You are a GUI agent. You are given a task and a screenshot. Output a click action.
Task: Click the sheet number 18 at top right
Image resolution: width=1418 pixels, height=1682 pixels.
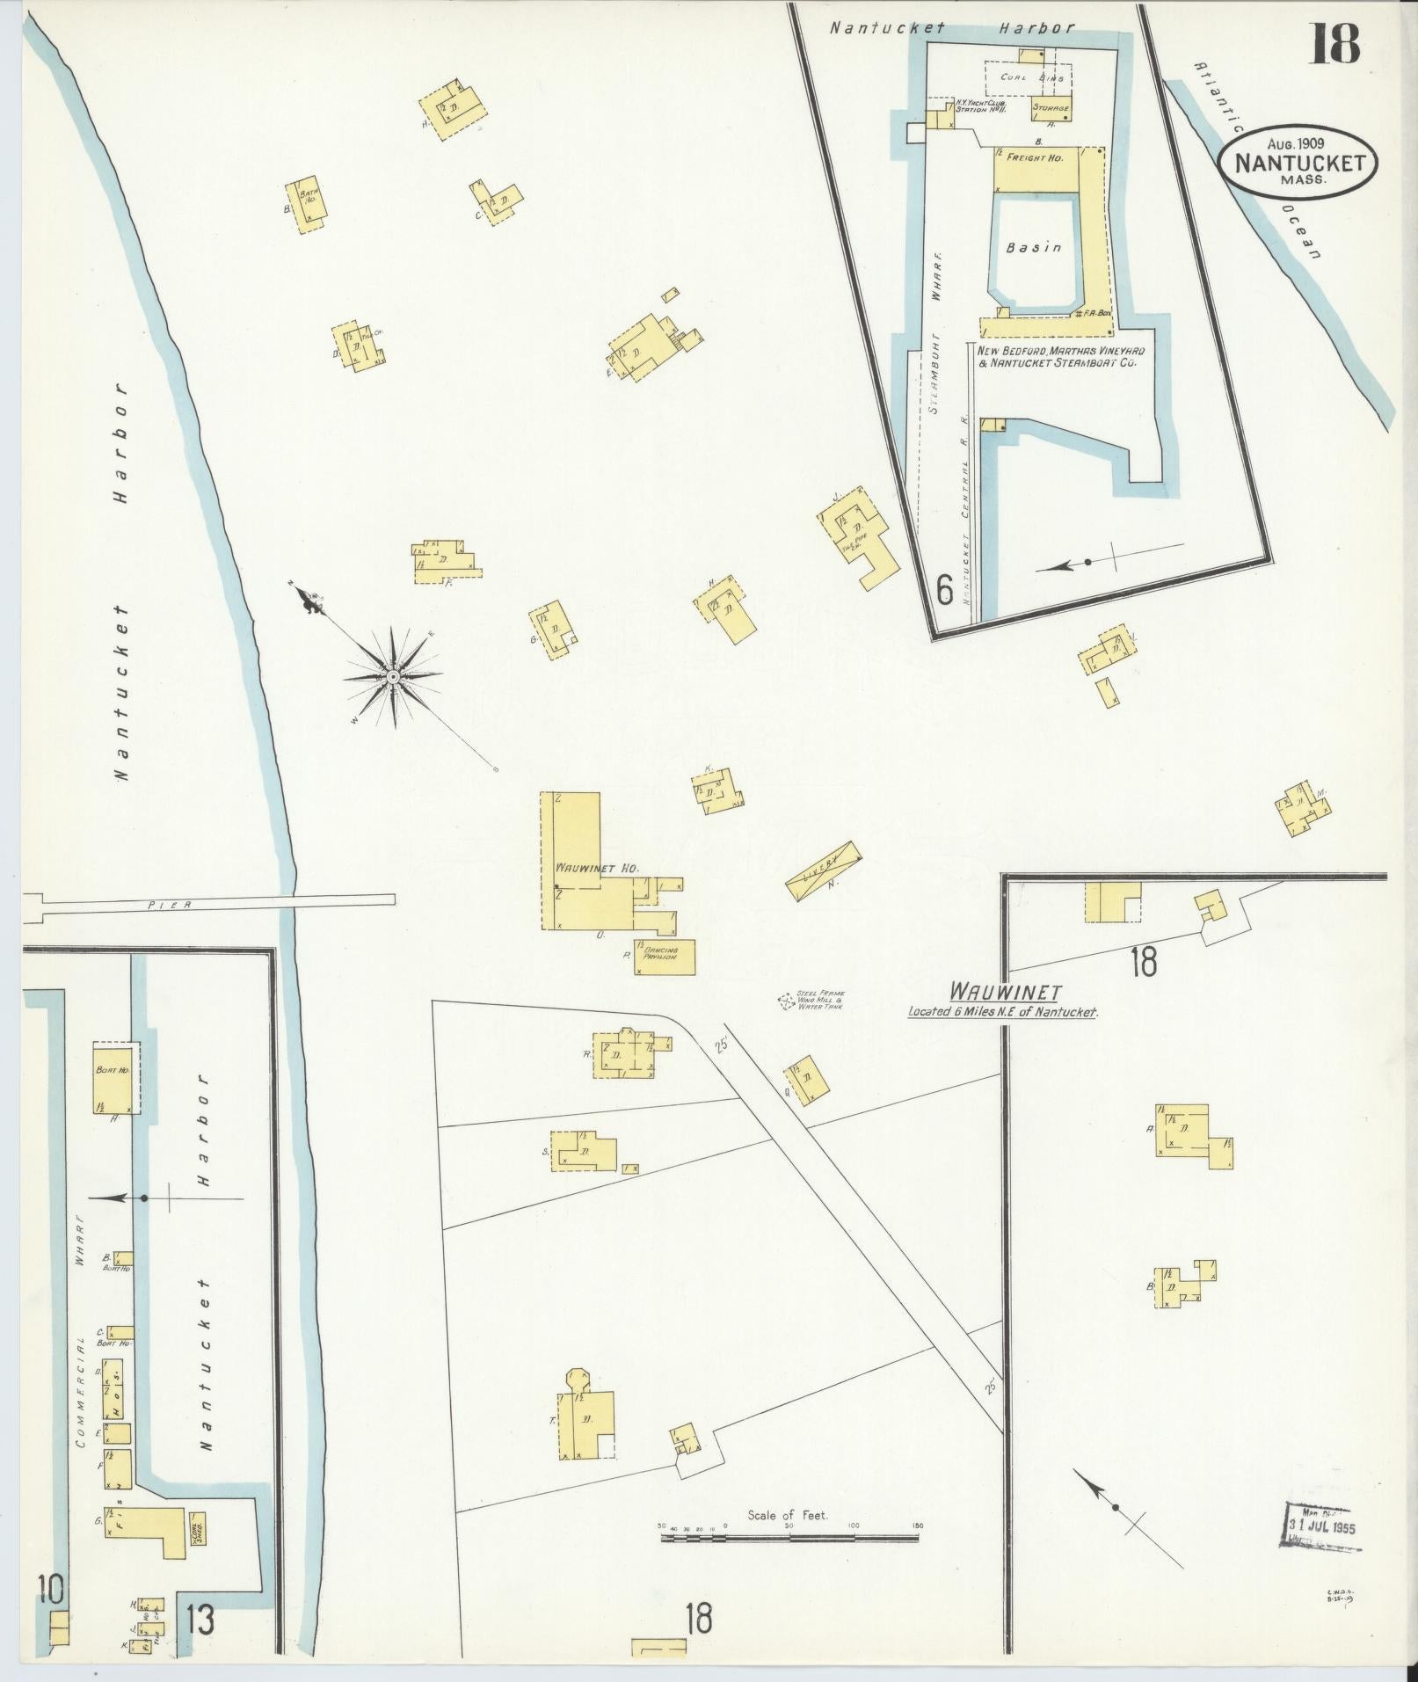(1335, 43)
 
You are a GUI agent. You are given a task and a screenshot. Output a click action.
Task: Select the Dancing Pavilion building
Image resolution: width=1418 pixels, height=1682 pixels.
(665, 956)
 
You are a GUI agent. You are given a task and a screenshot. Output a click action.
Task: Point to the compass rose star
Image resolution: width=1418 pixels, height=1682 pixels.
(393, 676)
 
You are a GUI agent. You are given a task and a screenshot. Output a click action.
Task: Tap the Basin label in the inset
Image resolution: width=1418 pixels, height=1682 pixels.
(1034, 248)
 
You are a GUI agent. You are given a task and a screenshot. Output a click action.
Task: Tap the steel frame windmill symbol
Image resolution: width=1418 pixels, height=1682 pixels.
(784, 1001)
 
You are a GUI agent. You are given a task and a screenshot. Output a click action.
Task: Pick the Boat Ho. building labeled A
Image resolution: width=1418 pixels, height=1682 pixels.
(115, 1078)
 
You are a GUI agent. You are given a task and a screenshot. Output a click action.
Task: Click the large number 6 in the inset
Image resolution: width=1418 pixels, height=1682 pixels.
(944, 590)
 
